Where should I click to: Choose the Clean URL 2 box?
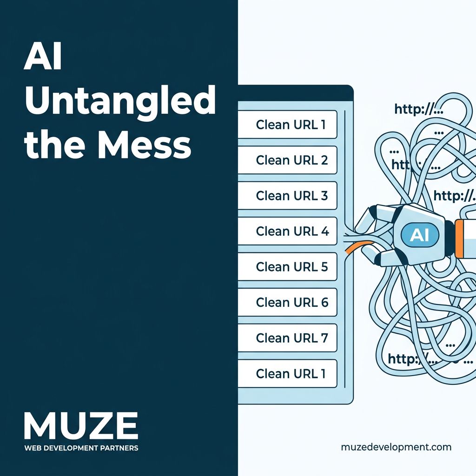tap(287, 160)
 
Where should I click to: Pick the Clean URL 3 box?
tap(287, 196)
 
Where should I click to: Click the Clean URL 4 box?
tap(287, 231)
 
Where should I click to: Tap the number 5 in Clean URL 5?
tap(324, 267)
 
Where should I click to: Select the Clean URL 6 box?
tap(287, 302)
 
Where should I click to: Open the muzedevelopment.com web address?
tap(396, 447)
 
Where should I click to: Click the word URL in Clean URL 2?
tap(305, 160)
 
